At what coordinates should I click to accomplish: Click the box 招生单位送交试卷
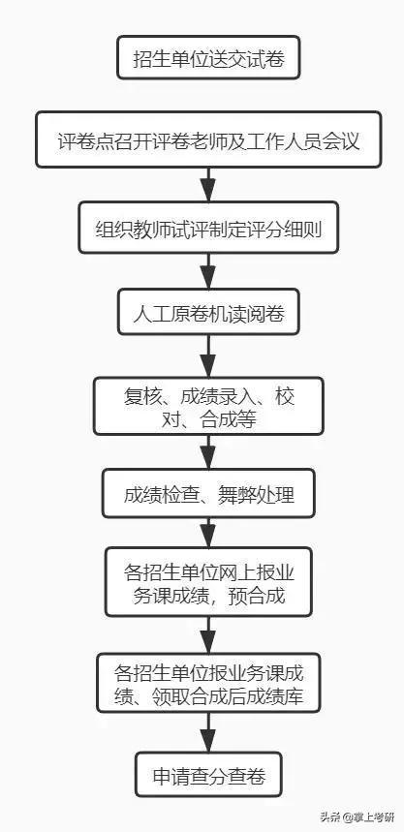(208, 57)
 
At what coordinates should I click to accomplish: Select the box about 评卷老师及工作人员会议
(208, 139)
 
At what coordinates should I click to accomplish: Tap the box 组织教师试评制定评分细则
(208, 227)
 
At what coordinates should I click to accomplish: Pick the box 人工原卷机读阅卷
(208, 312)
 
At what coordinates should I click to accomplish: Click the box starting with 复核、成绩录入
(208, 406)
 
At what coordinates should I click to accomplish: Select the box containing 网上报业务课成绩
(208, 582)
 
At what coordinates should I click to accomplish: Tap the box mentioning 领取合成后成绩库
(208, 683)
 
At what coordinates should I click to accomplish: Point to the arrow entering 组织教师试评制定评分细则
(208, 185)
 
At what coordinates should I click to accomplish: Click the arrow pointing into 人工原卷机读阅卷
(208, 271)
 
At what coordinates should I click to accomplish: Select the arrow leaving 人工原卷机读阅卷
(208, 356)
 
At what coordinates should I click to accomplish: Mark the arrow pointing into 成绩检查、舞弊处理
(208, 452)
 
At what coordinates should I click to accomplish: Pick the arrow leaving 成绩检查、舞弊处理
(208, 533)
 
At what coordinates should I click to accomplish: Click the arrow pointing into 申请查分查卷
(208, 731)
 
